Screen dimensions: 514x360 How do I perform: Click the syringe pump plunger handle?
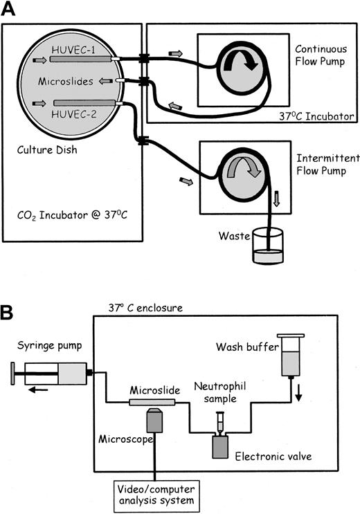[x=16, y=376]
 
